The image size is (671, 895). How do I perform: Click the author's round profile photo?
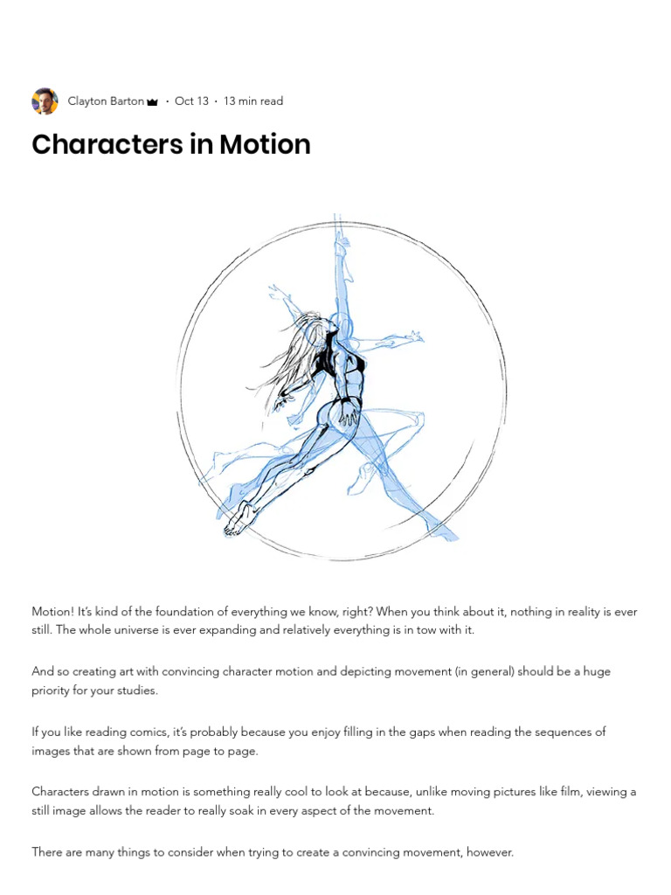point(45,101)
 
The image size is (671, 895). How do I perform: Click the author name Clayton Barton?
point(106,101)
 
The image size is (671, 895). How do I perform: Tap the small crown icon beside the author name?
point(152,102)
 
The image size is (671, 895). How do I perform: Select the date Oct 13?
point(191,101)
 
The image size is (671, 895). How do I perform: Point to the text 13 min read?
point(253,101)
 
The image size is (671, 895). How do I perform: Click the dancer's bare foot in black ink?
point(238,519)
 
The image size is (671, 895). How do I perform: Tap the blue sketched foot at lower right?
point(442,529)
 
